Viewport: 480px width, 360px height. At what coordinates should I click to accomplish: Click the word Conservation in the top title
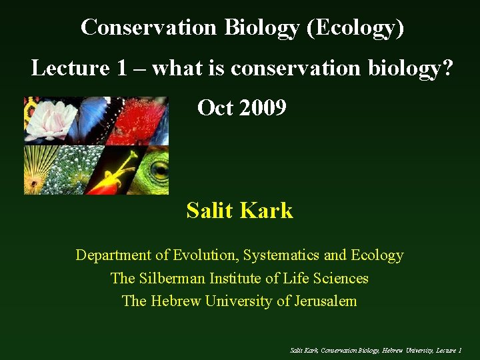(149, 27)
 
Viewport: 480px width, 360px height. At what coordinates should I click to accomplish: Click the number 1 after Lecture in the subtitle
(131, 68)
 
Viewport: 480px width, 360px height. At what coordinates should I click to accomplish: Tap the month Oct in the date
(215, 107)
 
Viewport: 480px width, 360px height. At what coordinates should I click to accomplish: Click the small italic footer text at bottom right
(376, 350)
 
